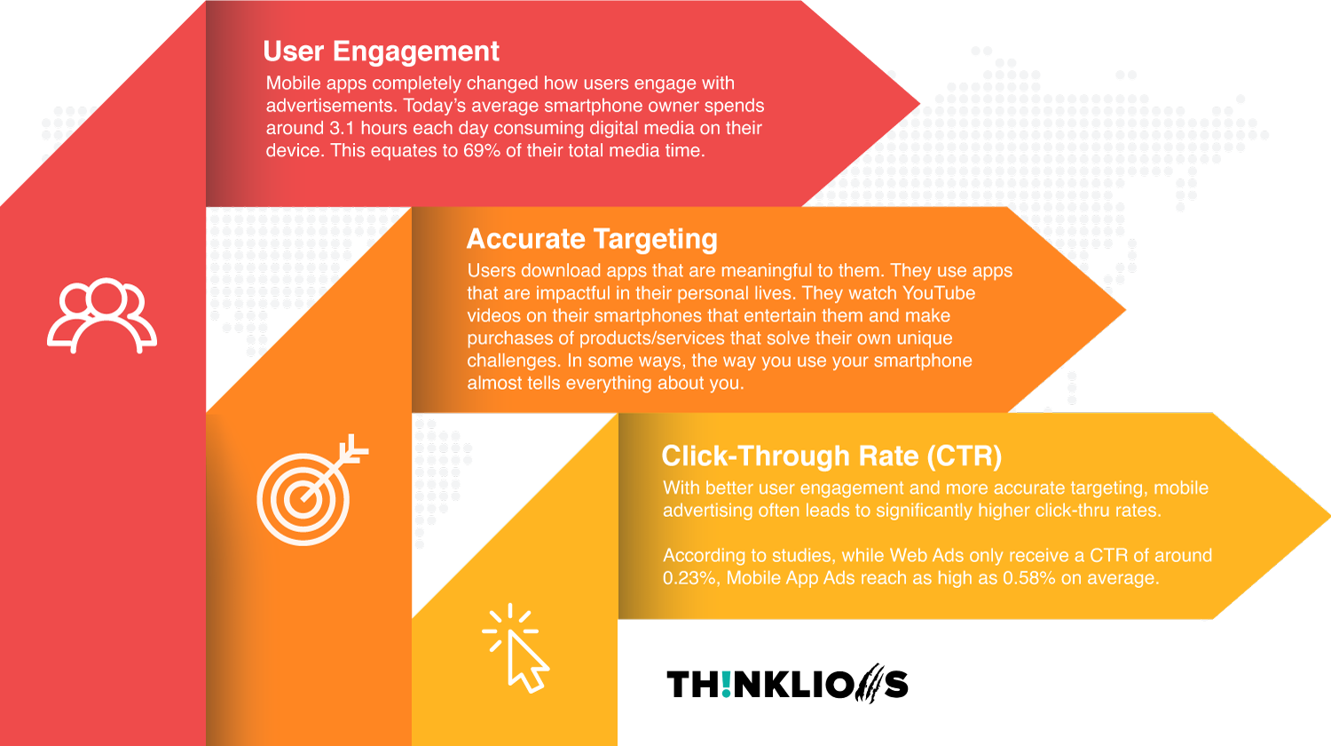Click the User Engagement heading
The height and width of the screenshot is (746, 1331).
[x=381, y=52]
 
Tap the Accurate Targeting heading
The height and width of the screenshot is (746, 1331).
[x=592, y=240]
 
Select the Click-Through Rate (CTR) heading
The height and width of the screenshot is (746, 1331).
[x=831, y=456]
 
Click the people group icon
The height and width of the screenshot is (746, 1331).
[x=102, y=315]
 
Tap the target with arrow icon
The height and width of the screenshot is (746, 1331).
[x=312, y=490]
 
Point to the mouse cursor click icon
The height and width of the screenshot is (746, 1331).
[x=516, y=647]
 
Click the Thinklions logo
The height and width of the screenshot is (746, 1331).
[x=787, y=683]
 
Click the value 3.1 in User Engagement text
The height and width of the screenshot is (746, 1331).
[x=343, y=128]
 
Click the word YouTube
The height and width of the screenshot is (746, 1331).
[x=939, y=293]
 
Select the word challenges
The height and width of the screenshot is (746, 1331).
[x=514, y=361]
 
